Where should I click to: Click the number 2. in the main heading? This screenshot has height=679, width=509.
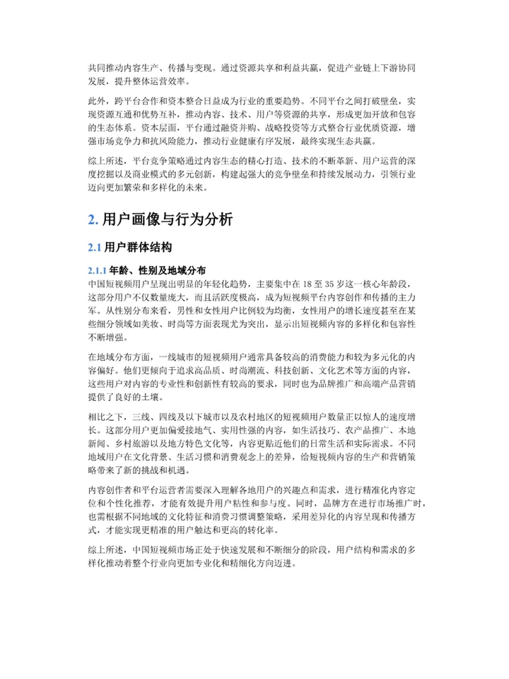pos(93,220)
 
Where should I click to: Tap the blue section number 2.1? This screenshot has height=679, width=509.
pos(95,248)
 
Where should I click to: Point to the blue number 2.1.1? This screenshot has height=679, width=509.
pos(98,271)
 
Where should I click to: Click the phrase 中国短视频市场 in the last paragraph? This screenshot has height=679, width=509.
pos(175,549)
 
